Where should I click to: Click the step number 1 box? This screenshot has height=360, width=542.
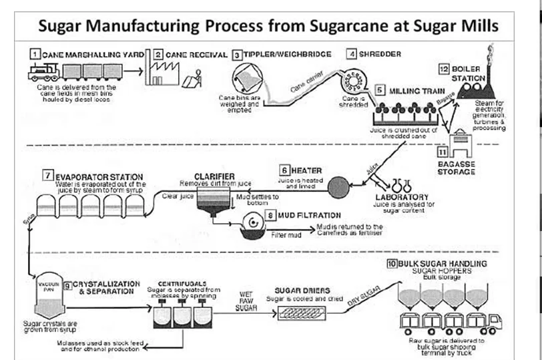[33, 52]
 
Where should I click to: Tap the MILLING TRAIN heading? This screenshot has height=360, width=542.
[411, 89]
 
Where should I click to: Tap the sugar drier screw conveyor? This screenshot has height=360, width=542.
[308, 313]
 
